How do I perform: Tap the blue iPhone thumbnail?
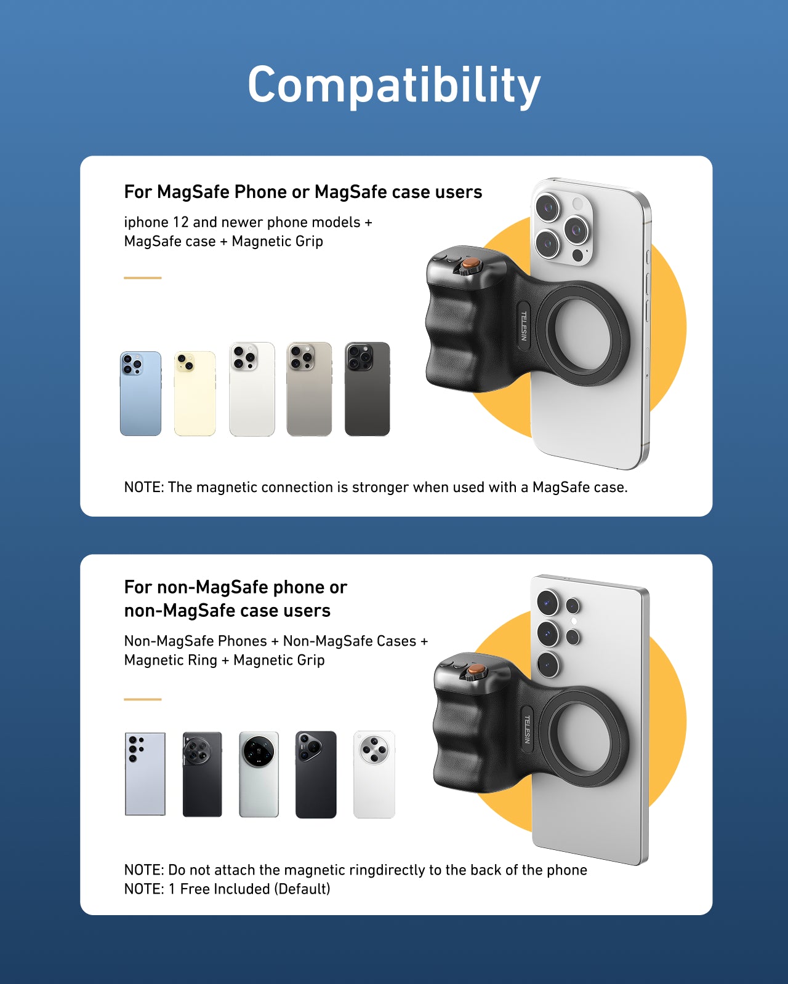pos(140,394)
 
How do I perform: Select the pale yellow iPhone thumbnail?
pos(195,394)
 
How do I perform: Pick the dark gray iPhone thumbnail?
pos(367,389)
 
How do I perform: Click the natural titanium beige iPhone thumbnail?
pos(309,389)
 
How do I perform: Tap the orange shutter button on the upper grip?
pos(471,264)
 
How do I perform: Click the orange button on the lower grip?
pos(475,669)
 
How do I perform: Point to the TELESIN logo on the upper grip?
pos(524,325)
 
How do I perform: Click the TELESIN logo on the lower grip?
pos(527,729)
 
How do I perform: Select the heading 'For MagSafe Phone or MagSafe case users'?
pos(303,192)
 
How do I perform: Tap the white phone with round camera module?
pos(374,774)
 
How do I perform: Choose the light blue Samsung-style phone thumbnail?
pos(145,774)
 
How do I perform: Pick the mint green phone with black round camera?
pos(259,774)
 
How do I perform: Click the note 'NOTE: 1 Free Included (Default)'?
pos(227,889)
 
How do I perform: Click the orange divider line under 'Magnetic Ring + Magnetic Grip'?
pos(142,699)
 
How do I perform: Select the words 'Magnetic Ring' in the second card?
pos(171,660)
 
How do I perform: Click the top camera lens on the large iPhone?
pos(547,207)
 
